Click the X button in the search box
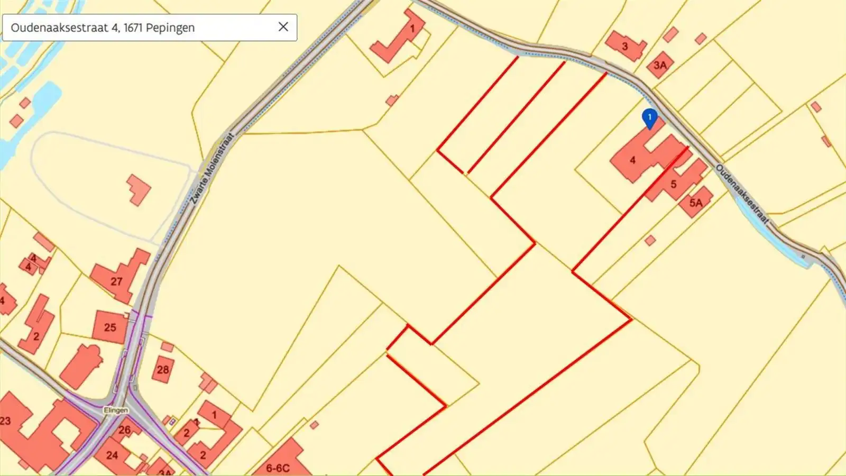(283, 27)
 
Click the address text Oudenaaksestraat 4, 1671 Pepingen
(103, 28)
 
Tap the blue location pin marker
(649, 118)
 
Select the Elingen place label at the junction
(116, 410)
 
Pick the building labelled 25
(110, 327)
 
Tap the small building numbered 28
(163, 369)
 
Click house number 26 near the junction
(125, 429)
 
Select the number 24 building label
(112, 455)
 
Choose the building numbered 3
(624, 46)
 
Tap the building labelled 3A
(660, 65)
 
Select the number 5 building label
(674, 184)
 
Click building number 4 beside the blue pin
(632, 160)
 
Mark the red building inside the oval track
(139, 190)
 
